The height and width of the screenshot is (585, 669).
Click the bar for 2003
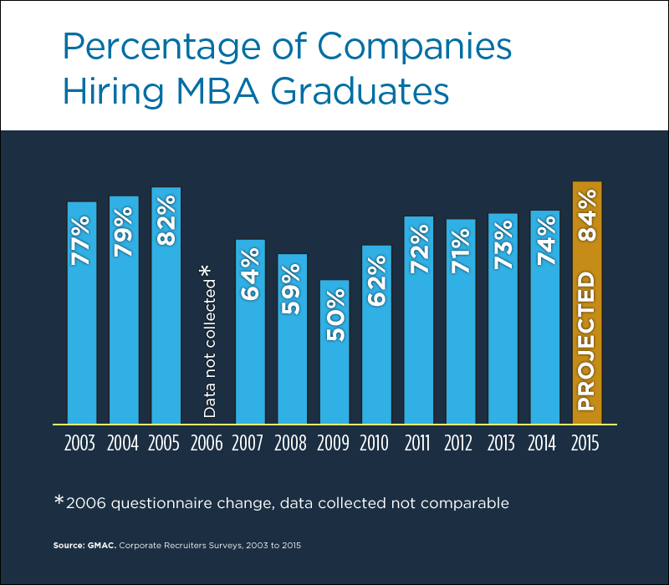click(82, 334)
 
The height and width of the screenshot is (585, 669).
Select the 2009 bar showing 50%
click(334, 368)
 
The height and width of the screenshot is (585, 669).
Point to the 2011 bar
click(419, 334)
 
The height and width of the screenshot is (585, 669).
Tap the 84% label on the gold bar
click(587, 216)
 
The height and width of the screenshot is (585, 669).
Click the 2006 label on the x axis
click(208, 443)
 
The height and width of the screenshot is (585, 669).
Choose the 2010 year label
click(376, 443)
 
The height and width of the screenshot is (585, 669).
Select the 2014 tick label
click(544, 443)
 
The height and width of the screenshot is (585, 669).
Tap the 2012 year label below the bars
click(461, 443)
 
